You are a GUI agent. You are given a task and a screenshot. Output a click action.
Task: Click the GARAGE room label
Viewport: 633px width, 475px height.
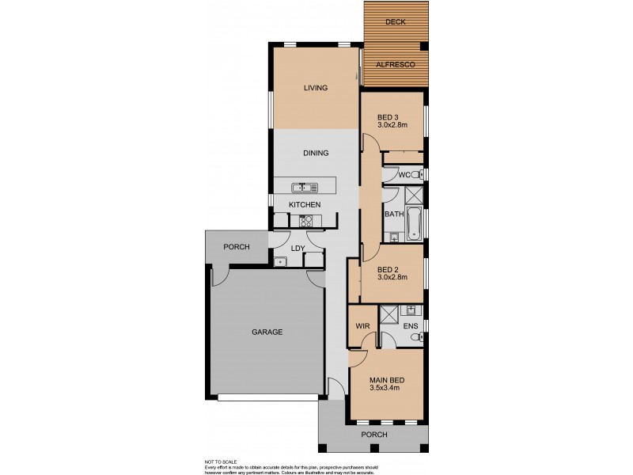[267, 332]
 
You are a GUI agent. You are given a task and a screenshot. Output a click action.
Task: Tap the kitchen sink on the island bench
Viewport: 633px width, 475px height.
[304, 188]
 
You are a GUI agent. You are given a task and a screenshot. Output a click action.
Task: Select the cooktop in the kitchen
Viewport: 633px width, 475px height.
[305, 222]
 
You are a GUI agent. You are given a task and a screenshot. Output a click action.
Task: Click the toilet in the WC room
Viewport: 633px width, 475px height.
[416, 174]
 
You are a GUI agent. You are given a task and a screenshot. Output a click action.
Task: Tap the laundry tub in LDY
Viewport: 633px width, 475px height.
[279, 260]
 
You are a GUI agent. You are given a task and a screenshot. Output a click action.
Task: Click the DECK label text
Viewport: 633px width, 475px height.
[395, 22]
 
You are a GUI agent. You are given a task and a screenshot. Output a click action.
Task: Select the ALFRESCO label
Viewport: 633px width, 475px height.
[395, 65]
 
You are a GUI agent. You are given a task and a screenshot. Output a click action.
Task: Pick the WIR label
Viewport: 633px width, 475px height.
[362, 325]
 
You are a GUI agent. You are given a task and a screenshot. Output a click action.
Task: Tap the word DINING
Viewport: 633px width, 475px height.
[316, 154]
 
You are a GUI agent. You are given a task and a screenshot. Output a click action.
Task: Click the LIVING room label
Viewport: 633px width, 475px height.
[316, 88]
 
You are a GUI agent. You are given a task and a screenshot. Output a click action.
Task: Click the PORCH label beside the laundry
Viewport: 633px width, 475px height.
[236, 247]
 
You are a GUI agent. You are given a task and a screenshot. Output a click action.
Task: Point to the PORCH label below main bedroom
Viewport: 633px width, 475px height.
[373, 435]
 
